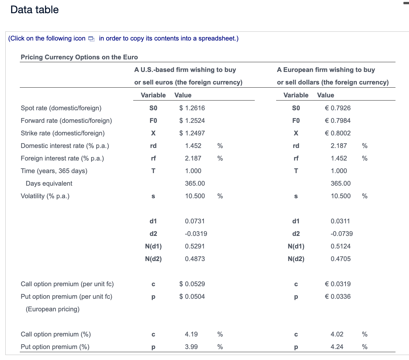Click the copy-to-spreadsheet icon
coord(91,39)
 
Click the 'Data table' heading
coord(35,10)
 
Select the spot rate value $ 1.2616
coord(192,108)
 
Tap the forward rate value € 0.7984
coord(338,121)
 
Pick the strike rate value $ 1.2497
coord(192,133)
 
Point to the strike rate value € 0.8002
coord(338,133)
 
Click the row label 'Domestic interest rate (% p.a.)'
coord(65,146)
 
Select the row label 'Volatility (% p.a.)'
coord(45,196)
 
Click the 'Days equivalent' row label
coord(49,183)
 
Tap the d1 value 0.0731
coord(195,221)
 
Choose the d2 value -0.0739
coord(341,234)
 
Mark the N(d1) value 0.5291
coord(195,246)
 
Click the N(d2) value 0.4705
coord(341,259)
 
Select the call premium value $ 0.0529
coord(192,284)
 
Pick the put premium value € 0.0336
coord(338,297)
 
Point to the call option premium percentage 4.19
coord(191,334)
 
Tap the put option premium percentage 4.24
coord(337,347)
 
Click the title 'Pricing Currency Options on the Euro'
coord(79,57)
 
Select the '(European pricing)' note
coord(52,309)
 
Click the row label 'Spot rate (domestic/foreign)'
coord(61,108)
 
